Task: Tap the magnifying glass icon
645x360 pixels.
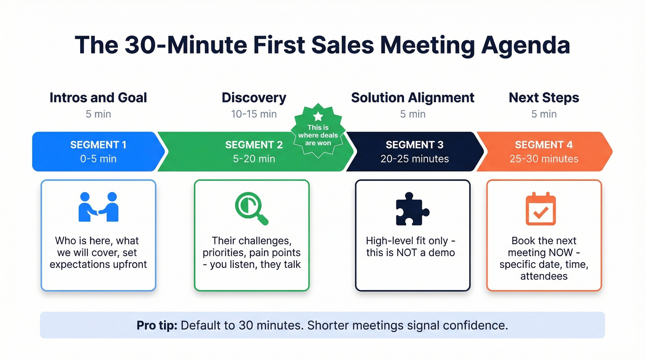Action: (x=251, y=208)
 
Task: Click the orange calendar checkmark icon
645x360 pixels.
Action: (x=541, y=210)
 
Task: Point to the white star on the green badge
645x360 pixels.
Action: (x=318, y=116)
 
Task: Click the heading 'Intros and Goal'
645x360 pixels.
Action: (x=98, y=98)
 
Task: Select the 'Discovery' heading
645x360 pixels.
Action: (x=254, y=98)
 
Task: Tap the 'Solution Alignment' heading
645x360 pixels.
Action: (x=412, y=98)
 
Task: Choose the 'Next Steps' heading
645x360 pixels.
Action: (x=544, y=98)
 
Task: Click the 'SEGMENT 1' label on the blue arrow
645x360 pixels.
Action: (x=98, y=145)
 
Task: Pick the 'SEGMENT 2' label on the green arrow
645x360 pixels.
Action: (x=254, y=145)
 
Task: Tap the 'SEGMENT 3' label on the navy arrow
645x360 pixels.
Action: (x=414, y=145)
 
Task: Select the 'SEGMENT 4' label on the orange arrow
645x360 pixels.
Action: (x=544, y=145)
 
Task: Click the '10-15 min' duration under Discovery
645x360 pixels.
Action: (x=254, y=114)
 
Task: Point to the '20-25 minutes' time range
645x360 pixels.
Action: (x=414, y=159)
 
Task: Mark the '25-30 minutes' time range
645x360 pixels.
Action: (x=544, y=159)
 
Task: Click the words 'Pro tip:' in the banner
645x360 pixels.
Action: (x=157, y=325)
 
